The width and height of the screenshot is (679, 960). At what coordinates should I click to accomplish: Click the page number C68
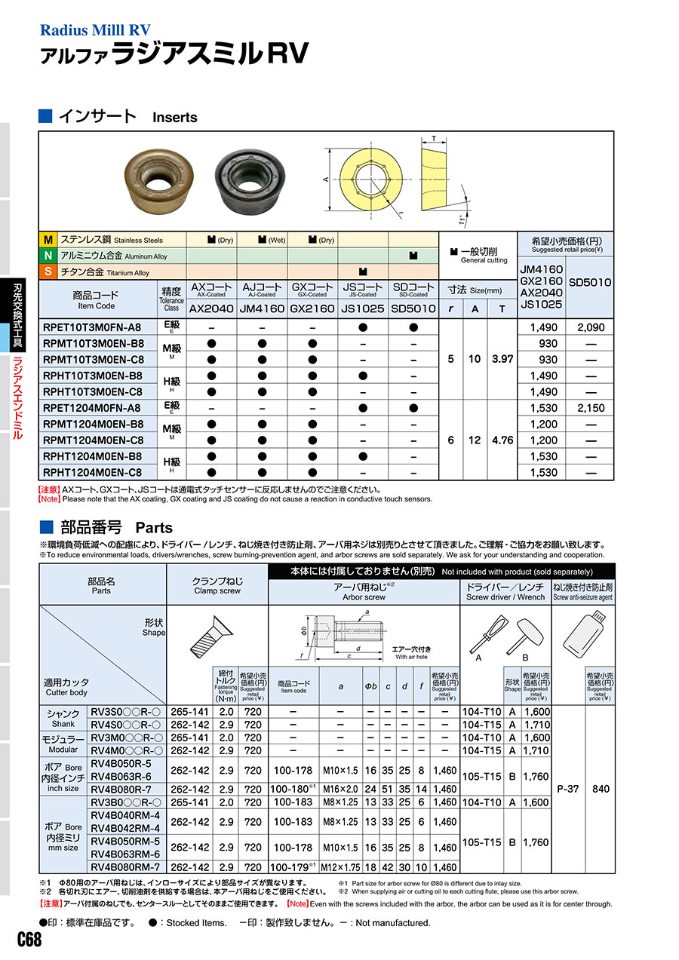click(29, 940)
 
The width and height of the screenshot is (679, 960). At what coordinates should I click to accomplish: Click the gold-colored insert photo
click(161, 179)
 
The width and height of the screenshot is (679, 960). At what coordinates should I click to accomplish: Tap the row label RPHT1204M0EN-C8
click(92, 472)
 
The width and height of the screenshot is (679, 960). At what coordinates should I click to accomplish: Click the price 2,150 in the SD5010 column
click(590, 408)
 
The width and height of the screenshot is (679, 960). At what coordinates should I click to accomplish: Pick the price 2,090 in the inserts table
click(590, 327)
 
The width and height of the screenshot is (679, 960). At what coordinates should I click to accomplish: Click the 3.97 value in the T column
click(502, 360)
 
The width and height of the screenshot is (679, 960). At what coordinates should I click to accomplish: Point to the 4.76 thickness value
click(502, 440)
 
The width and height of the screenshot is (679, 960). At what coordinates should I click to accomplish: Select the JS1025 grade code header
click(363, 308)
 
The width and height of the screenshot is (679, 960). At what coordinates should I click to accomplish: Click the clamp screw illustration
click(217, 633)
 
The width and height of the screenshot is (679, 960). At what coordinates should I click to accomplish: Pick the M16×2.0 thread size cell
click(341, 789)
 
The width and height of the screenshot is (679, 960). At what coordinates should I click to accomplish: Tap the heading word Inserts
click(174, 118)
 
